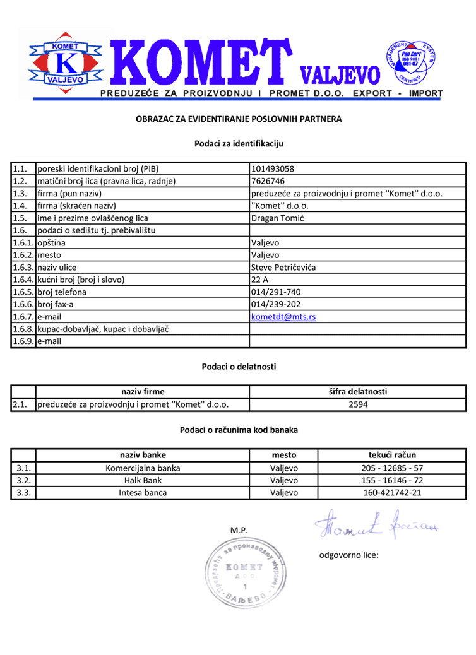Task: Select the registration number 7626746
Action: coord(268,181)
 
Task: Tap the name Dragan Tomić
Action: coord(277,218)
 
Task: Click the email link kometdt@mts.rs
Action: coord(283,317)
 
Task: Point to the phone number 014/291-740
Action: coord(276,292)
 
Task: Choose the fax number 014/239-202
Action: coord(276,304)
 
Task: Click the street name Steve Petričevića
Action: coord(283,268)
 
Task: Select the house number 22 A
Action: coord(259,280)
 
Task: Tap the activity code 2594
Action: coord(358,404)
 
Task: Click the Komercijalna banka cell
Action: coord(143,468)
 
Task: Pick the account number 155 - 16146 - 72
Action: coord(392,480)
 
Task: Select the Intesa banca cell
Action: coord(143,492)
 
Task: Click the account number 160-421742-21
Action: coord(392,492)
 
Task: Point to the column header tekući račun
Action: coord(392,455)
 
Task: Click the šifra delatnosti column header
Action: coord(358,392)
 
